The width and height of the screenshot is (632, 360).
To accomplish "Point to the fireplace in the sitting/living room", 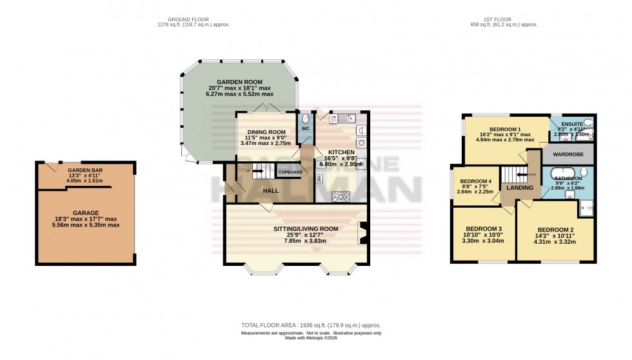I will click(x=362, y=233).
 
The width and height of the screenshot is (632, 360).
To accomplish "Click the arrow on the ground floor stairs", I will click(x=257, y=172).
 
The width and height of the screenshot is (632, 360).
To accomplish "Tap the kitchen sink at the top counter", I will click(x=342, y=118).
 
